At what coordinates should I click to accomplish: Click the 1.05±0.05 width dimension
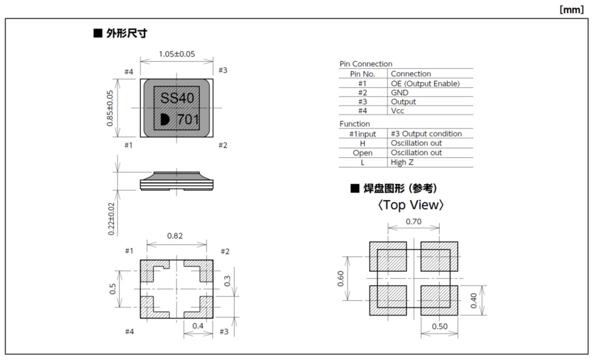click(x=177, y=54)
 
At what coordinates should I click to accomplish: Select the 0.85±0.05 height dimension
click(x=110, y=108)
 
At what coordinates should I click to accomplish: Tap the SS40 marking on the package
click(x=177, y=98)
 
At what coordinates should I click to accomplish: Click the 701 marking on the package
click(x=188, y=119)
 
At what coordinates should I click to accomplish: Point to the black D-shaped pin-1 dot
click(x=165, y=119)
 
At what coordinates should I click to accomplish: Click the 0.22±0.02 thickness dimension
click(x=111, y=219)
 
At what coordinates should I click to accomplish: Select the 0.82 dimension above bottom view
click(x=175, y=236)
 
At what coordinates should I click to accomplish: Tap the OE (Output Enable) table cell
click(x=425, y=84)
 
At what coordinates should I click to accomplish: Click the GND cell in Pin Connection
click(x=400, y=93)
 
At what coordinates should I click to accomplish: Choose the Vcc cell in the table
click(x=398, y=111)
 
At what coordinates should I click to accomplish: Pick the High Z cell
click(x=402, y=162)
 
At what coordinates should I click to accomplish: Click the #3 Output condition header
click(x=426, y=133)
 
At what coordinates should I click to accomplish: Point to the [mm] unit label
click(x=571, y=10)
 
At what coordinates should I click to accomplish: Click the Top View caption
click(x=411, y=205)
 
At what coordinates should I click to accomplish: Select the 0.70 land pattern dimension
click(x=414, y=222)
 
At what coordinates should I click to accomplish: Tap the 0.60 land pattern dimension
click(x=341, y=279)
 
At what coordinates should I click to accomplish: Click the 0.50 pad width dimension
click(x=440, y=326)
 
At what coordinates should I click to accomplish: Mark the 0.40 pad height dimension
click(x=474, y=301)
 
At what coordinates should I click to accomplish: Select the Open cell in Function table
click(x=362, y=153)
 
